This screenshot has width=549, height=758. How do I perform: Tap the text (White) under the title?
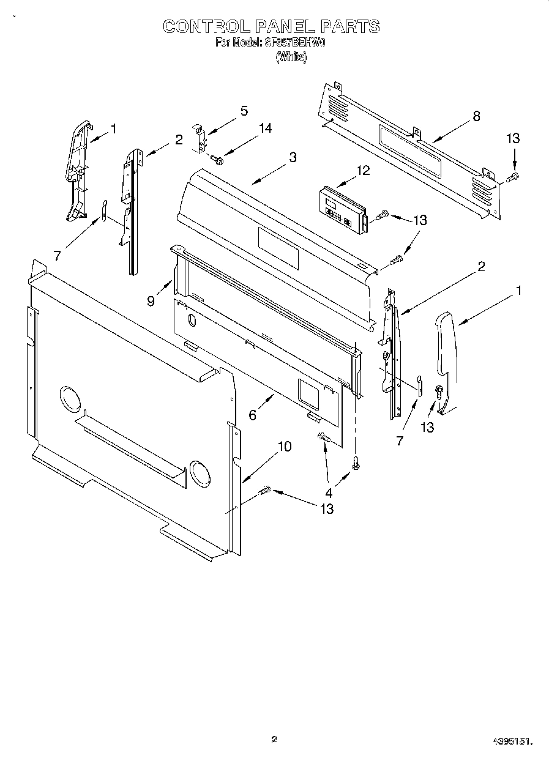[291, 57]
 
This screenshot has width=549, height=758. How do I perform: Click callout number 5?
[244, 111]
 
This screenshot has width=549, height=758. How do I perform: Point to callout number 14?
[265, 128]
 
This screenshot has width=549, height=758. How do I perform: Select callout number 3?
[293, 157]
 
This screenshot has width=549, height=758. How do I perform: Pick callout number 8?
[476, 116]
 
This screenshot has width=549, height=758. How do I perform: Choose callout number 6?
[252, 414]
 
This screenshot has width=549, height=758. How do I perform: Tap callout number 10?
[285, 447]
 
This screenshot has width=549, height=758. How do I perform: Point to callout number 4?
[329, 492]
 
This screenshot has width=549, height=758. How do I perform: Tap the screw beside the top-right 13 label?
[513, 177]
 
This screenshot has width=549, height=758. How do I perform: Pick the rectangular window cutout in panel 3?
[278, 248]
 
